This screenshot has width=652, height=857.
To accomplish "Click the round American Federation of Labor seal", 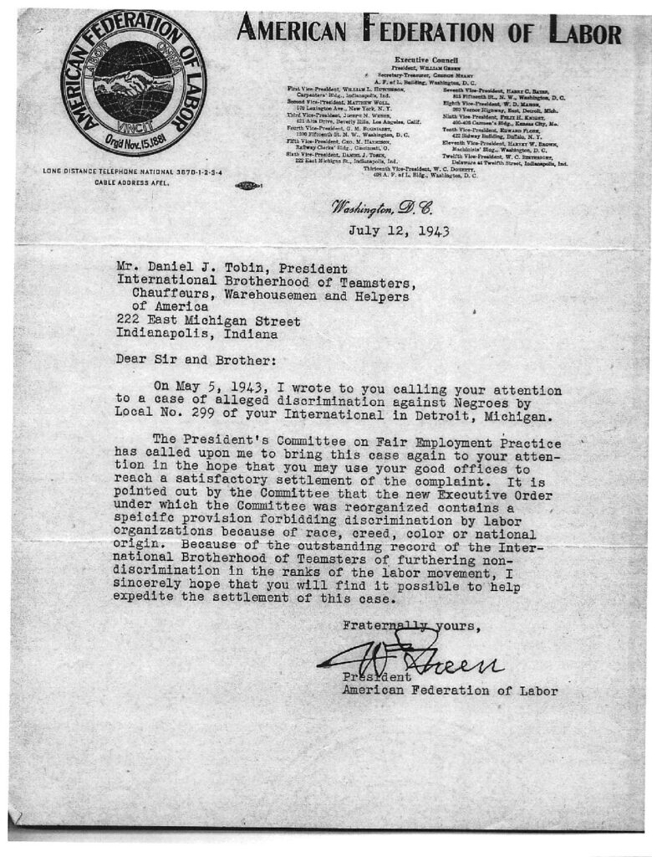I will tap(133, 82).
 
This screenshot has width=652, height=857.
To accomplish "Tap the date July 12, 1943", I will tap(399, 231).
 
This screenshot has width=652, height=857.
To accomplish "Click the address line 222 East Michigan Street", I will tap(208, 321).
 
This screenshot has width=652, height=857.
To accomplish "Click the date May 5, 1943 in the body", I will tap(222, 390).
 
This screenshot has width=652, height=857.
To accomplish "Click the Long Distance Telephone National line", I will tap(137, 172).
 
